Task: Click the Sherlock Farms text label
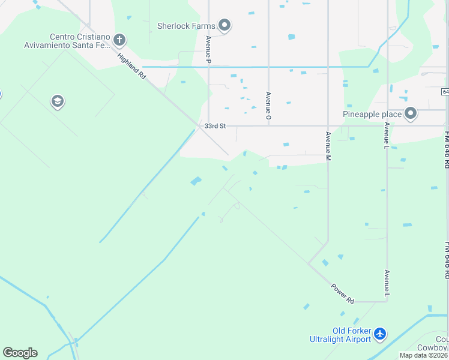(185, 26)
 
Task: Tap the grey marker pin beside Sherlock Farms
(225, 25)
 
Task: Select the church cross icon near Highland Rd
(119, 41)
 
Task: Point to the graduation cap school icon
(58, 101)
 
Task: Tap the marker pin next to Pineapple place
(411, 113)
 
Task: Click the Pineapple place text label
(372, 114)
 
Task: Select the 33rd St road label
(214, 126)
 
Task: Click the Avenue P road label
(208, 50)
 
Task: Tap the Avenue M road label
(328, 146)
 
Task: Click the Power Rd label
(343, 292)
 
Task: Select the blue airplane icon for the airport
(379, 334)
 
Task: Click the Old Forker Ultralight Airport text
(352, 335)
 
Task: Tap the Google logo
(20, 353)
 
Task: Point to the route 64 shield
(445, 92)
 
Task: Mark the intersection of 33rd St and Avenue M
(328, 126)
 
